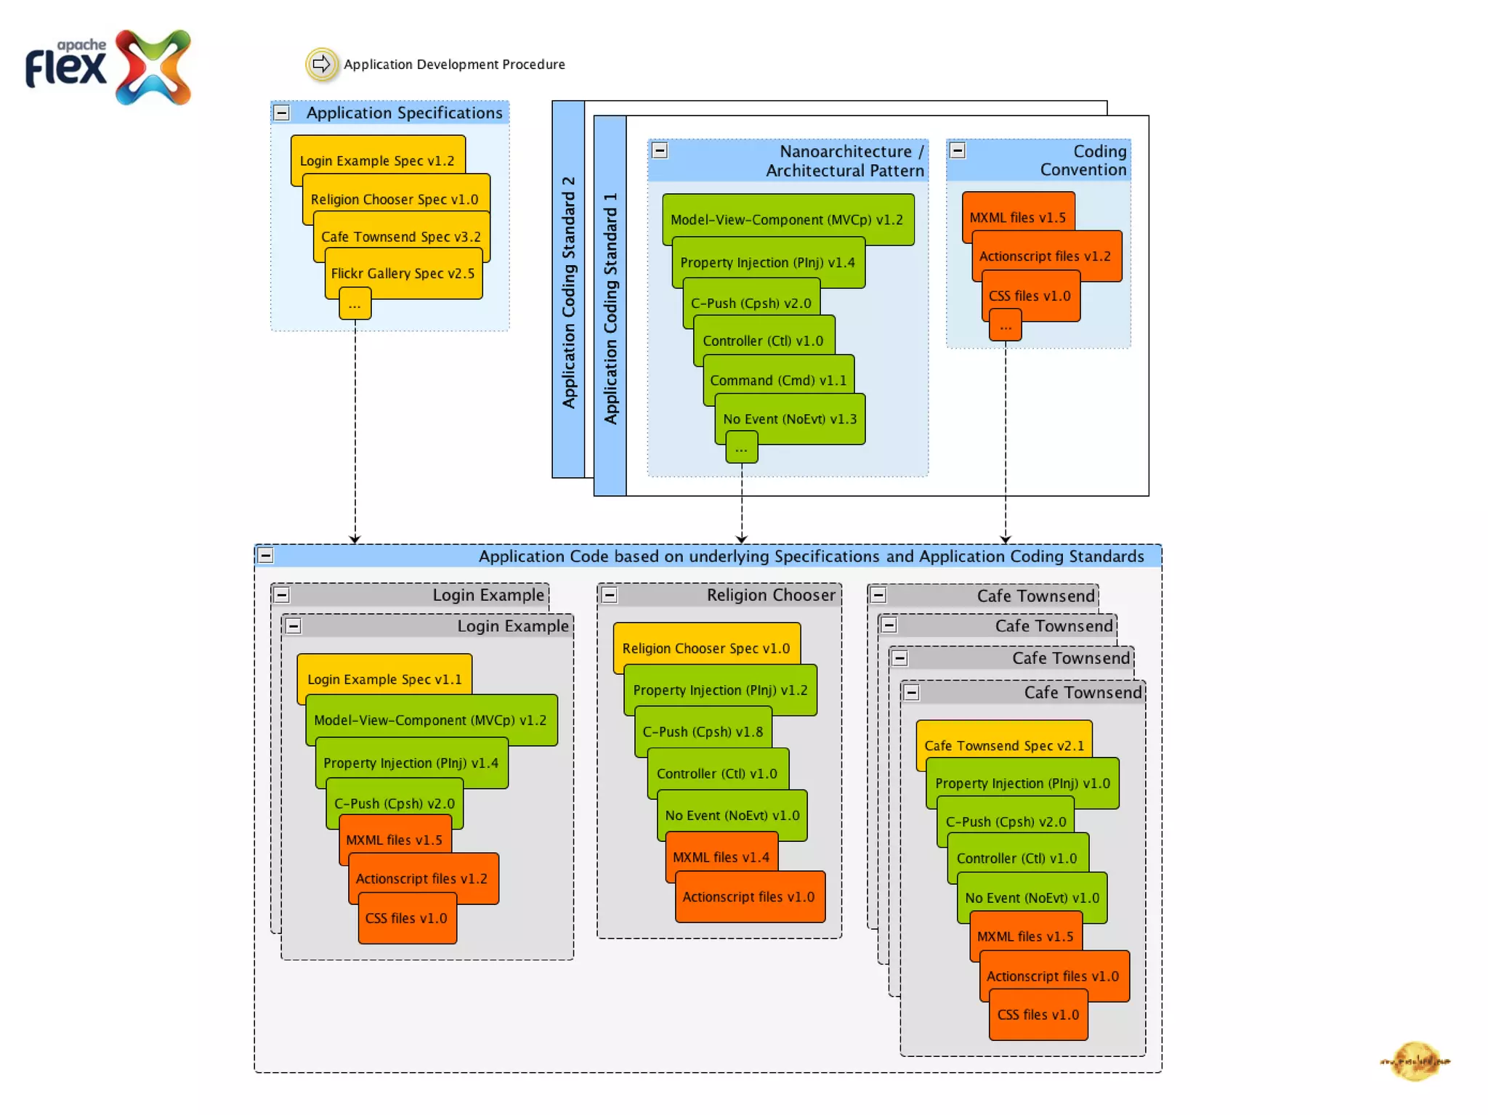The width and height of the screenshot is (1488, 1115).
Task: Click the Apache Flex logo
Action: coord(109,67)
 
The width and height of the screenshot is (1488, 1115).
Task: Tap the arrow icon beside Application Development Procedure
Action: coord(321,64)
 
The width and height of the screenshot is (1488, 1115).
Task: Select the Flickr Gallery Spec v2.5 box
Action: coord(403,273)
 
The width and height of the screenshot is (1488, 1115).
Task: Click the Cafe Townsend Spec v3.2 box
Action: coord(401,236)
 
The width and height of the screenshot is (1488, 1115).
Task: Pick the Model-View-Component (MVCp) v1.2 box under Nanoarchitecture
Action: coord(787,219)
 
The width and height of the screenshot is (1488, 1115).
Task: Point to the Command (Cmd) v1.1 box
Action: coord(778,380)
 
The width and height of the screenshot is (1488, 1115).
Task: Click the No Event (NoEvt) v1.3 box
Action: coord(790,418)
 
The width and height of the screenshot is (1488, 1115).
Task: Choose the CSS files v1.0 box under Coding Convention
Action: coord(1030,296)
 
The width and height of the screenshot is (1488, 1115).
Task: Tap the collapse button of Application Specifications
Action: coord(282,113)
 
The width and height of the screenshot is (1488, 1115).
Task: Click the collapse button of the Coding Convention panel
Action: coord(958,150)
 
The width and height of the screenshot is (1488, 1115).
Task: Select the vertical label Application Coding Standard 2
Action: coord(568,291)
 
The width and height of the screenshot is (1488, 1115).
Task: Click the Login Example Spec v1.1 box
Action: coord(384,678)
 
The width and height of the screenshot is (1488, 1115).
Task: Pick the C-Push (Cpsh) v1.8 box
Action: coord(703,731)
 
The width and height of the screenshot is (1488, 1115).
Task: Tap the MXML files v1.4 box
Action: coord(721,857)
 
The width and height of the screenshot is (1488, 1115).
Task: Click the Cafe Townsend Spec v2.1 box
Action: coord(1004,745)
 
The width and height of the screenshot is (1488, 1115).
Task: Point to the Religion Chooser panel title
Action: coord(771,595)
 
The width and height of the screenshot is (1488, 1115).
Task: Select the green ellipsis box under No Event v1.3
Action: coord(741,447)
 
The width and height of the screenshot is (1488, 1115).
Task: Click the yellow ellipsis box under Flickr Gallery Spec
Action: coord(355,304)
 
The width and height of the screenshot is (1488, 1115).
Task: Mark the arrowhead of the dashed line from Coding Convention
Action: coord(1006,539)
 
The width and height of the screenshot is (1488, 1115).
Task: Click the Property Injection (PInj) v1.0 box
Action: coord(1022,783)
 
